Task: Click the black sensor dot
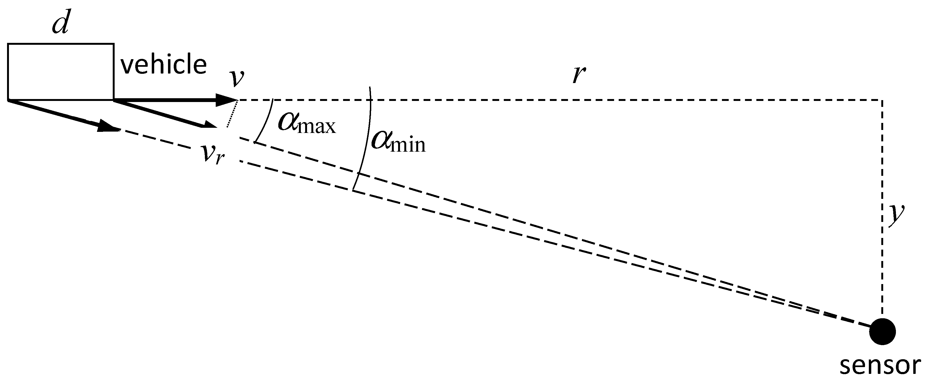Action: coord(882,331)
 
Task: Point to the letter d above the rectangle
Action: coord(60,25)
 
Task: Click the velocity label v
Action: coord(237,78)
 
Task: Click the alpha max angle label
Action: coord(306,123)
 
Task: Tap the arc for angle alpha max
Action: coord(266,122)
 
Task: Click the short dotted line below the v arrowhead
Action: coord(232,114)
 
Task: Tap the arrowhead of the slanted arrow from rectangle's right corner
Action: coord(208,126)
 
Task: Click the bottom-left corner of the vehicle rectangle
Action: coord(8,99)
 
